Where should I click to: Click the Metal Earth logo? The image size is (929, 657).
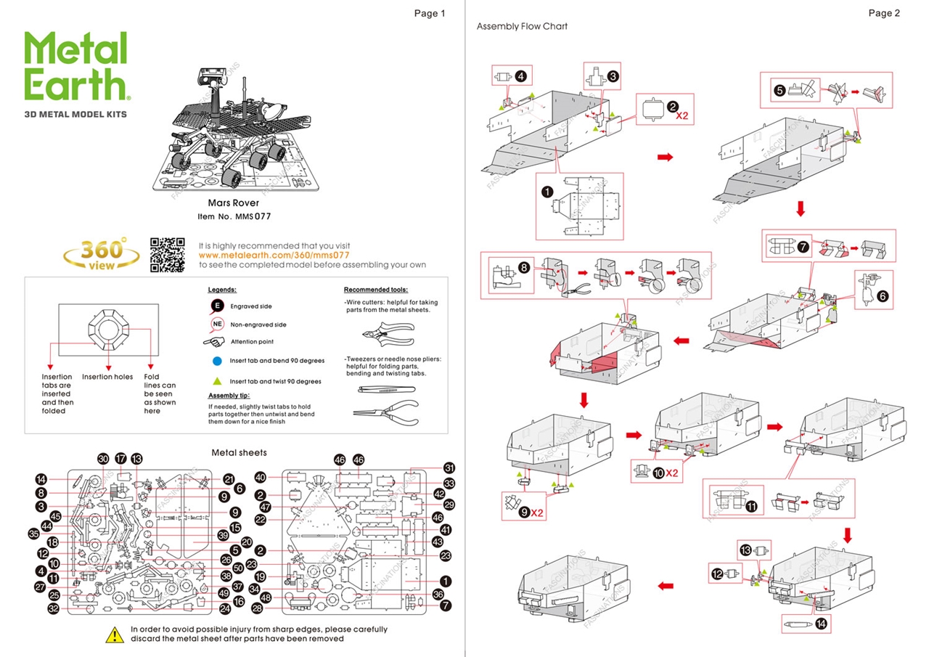coord(76,67)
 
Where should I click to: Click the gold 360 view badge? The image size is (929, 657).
coord(102,254)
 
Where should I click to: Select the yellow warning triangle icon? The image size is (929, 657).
coord(115,634)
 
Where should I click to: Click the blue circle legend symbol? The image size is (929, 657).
coord(216,360)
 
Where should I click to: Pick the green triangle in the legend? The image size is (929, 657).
coord(216,380)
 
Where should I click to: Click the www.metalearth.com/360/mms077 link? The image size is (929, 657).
coord(274,256)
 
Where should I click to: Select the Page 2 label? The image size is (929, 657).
coord(884,13)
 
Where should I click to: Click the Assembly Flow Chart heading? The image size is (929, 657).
coord(522,26)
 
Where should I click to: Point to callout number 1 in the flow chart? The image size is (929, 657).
coord(547,192)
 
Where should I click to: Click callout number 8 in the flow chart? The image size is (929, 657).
coord(524,267)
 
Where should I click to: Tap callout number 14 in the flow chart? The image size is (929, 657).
coord(822,623)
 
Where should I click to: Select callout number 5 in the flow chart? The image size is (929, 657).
coord(779,91)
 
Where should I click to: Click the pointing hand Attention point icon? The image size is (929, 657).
coord(216,341)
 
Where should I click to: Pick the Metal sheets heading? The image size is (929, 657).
coord(239,452)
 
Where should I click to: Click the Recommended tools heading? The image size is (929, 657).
coord(375,289)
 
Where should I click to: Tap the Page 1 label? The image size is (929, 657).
coord(430,13)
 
